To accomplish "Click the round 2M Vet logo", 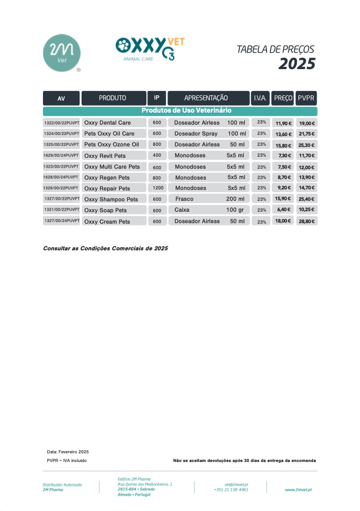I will (61, 53).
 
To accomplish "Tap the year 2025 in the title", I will (296, 64).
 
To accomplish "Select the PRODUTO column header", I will (113, 98).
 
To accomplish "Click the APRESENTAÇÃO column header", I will (208, 98).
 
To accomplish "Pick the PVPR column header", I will (306, 98).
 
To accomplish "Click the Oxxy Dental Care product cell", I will (114, 123).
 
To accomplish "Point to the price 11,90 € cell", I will (283, 123).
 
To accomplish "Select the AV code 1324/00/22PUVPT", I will (61, 133).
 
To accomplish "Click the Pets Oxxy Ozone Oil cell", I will (114, 144).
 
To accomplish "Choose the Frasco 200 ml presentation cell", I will (209, 199).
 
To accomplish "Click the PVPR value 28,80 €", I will (307, 221).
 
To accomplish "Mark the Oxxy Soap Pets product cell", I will (114, 210).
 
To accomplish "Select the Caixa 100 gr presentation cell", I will (209, 210).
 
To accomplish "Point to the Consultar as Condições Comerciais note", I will (105, 248).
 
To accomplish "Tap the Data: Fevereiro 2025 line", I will (68, 452).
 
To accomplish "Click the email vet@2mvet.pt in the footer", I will (236, 484).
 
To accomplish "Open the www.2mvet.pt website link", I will (298, 490).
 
